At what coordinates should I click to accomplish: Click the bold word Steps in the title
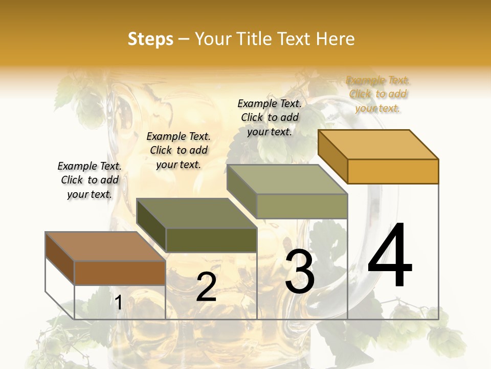click(150, 39)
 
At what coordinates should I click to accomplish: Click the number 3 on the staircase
click(300, 272)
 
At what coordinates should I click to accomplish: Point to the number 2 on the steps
click(206, 288)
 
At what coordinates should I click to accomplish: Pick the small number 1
click(119, 302)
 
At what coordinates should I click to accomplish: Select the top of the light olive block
click(287, 179)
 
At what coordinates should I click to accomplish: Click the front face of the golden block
click(393, 171)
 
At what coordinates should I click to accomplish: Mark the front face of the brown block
click(120, 273)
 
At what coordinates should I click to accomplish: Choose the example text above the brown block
click(90, 180)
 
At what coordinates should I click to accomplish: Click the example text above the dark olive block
click(178, 150)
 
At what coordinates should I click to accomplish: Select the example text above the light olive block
click(270, 117)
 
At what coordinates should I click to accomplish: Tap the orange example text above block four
click(378, 94)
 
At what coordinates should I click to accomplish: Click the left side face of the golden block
click(332, 156)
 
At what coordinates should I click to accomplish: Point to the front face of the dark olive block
click(211, 240)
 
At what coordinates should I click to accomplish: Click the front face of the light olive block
click(302, 206)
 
